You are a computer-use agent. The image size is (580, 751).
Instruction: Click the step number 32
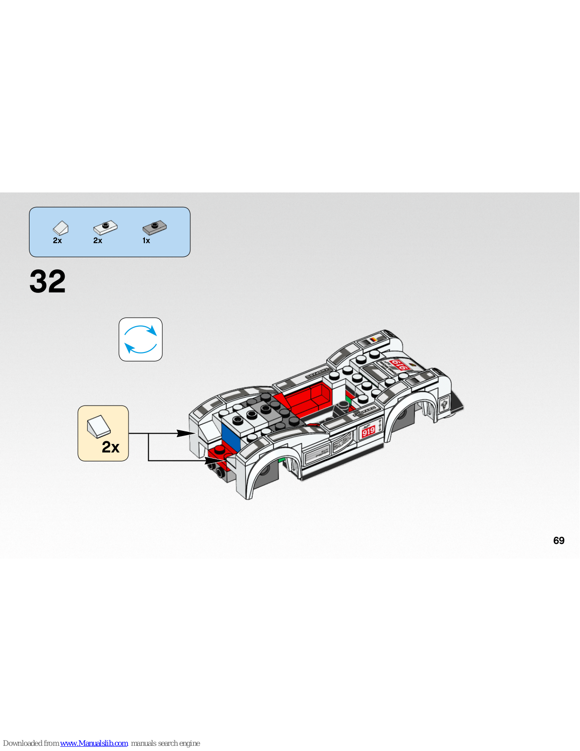(47, 282)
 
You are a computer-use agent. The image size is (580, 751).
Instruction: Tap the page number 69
(558, 540)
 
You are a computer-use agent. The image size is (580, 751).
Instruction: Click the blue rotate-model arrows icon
(141, 339)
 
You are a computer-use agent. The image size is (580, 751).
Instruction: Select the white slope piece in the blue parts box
(60, 228)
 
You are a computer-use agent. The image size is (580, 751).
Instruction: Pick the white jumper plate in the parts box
(105, 228)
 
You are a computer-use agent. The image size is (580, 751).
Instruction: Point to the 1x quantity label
(146, 241)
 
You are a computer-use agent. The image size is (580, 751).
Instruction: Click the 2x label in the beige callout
(111, 447)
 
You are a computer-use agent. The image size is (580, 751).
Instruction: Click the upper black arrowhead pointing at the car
(185, 433)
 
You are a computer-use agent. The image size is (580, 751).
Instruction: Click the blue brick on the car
(230, 437)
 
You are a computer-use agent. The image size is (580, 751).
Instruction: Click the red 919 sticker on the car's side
(369, 431)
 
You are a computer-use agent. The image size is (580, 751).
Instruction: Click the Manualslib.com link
(94, 743)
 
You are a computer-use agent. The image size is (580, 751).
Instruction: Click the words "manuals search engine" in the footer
(166, 743)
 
